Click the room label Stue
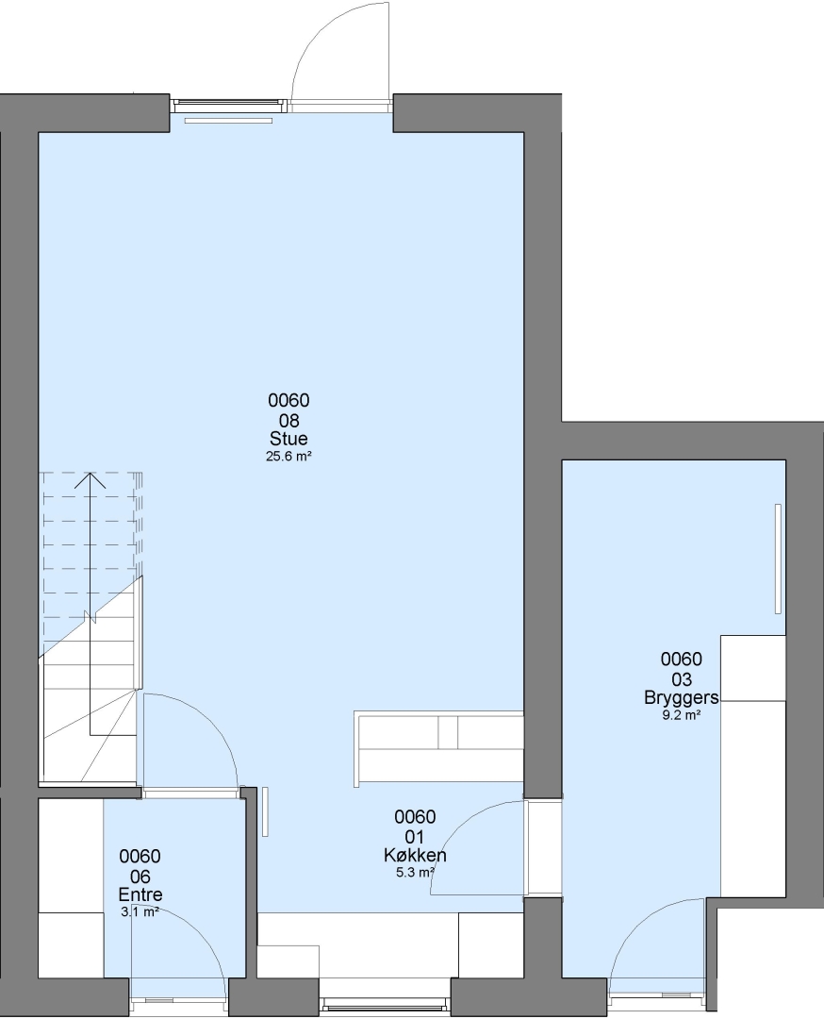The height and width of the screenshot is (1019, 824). point(288,439)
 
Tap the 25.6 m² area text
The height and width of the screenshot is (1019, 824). point(288,457)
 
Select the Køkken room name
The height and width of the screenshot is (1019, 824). point(415,855)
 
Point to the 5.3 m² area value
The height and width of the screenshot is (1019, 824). point(415,873)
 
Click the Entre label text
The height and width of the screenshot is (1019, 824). point(140,894)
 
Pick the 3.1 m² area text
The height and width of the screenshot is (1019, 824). point(140,911)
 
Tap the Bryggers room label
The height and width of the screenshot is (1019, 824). point(681,698)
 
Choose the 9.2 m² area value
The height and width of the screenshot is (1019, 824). point(681,715)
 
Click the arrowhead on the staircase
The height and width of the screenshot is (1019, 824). point(90,481)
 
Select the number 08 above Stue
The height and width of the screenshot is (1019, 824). point(288,420)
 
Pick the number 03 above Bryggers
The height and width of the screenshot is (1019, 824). point(681,679)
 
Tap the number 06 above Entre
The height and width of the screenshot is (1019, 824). point(140,876)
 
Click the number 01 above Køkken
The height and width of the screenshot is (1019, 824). point(414,836)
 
